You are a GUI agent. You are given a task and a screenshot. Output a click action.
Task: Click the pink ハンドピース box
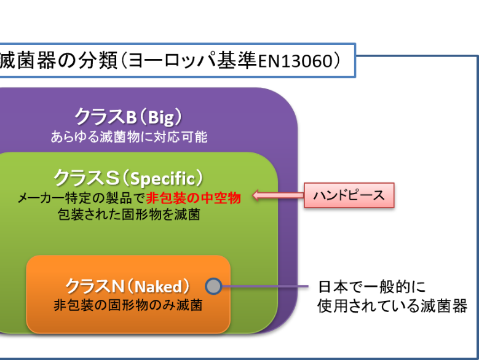(349, 195)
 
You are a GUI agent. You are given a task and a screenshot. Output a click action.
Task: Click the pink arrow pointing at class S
(279, 195)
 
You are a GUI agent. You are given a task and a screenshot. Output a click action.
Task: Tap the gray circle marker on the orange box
(213, 286)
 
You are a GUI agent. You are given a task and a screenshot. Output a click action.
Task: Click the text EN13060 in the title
(295, 61)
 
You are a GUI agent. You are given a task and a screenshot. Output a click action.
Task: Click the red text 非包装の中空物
(194, 198)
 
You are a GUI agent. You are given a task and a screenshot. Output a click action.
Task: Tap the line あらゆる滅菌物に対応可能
(129, 137)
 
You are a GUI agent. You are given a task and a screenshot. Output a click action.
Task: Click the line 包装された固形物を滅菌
(129, 214)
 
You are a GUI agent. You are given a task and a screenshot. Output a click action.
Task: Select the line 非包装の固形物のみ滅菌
(128, 305)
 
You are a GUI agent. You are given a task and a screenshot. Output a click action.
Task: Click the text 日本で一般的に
(372, 287)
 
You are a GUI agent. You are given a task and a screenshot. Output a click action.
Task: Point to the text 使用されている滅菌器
(392, 306)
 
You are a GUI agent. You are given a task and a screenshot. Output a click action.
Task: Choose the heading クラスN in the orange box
(95, 286)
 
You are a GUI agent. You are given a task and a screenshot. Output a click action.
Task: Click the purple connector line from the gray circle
(265, 286)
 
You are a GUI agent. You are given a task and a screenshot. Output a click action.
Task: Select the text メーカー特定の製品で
(82, 198)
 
